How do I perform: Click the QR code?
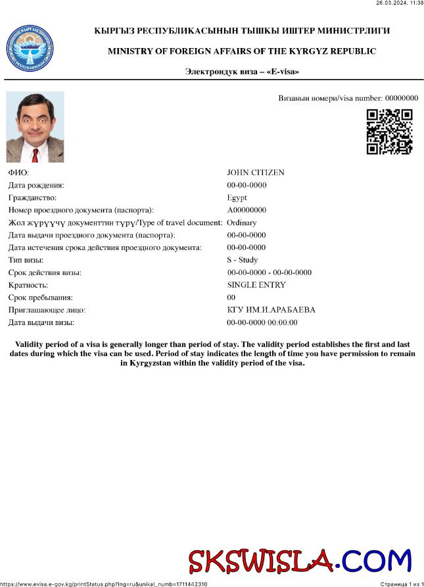pyautogui.click(x=389, y=132)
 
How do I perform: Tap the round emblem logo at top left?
pyautogui.click(x=30, y=48)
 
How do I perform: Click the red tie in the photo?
pyautogui.click(x=35, y=155)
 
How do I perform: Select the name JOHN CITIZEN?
pyautogui.click(x=256, y=172)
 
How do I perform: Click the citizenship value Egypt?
pyautogui.click(x=237, y=197)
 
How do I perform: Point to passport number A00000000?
pyautogui.click(x=247, y=210)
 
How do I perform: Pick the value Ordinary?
pyautogui.click(x=241, y=222)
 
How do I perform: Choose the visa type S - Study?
pyautogui.click(x=243, y=260)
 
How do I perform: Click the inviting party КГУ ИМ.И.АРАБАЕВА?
pyautogui.click(x=271, y=310)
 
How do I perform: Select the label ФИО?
pyautogui.click(x=18, y=172)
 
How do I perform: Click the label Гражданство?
pyautogui.click(x=32, y=197)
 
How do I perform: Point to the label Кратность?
pyautogui.click(x=28, y=285)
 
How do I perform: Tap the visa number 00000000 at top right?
pyautogui.click(x=401, y=98)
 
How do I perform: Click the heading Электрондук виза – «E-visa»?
pyautogui.click(x=242, y=71)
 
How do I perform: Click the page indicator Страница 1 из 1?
pyautogui.click(x=401, y=584)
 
